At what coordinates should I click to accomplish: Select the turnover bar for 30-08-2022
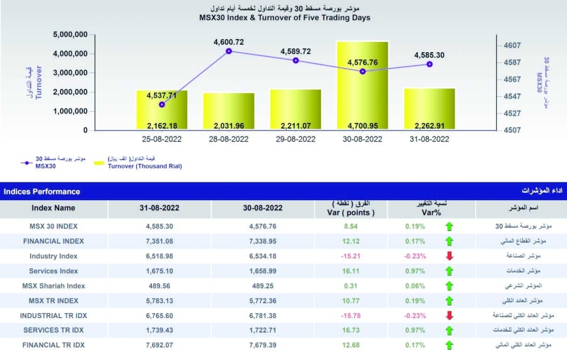362,85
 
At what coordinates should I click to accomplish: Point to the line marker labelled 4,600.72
229,51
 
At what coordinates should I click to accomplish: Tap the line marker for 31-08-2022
430,64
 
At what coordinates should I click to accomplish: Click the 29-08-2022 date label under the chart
295,139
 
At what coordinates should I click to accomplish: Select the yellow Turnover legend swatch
99,163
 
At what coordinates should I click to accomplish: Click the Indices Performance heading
42,192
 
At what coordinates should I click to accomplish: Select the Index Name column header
53,208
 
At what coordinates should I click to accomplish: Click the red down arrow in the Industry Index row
450,256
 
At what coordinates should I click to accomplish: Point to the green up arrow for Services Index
450,271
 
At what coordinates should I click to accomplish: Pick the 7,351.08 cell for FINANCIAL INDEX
159,241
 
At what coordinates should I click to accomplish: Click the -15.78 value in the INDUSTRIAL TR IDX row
352,315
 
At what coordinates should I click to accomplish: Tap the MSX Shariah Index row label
53,286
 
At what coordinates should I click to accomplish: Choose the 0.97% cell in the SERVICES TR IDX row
414,330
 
